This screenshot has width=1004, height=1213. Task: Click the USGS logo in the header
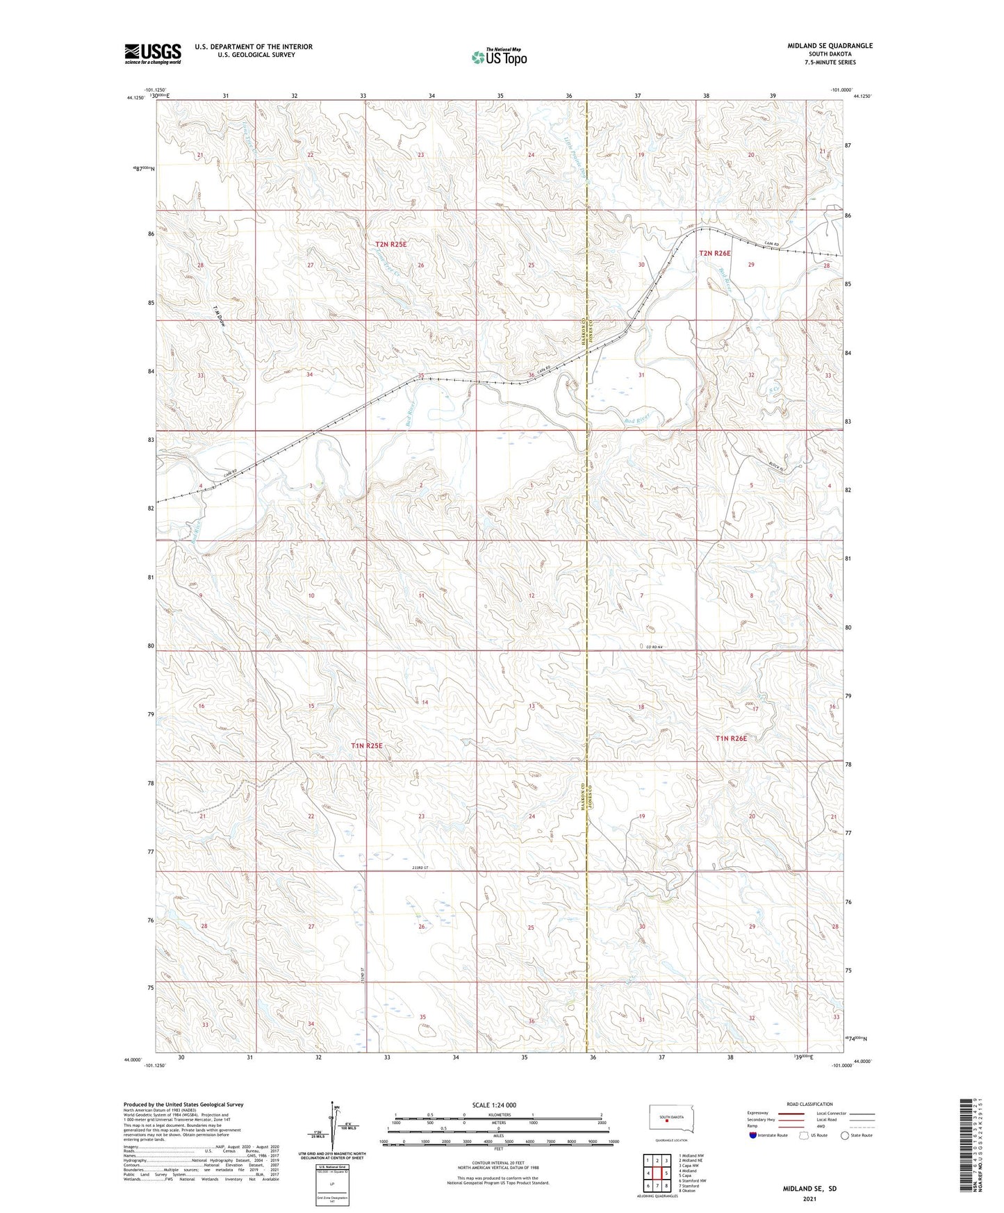point(153,53)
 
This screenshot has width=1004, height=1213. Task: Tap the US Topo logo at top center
point(498,57)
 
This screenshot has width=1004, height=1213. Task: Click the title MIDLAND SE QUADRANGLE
point(830,46)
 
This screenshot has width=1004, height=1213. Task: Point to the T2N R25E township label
point(390,245)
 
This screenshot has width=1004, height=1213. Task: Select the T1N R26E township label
point(731,738)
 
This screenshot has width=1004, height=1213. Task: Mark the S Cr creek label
point(773,392)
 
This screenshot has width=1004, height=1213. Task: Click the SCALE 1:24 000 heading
point(493,1105)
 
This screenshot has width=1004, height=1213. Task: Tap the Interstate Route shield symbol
point(753,1135)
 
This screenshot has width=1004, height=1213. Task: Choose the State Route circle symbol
point(845,1135)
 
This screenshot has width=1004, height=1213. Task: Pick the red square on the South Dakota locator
point(667,1120)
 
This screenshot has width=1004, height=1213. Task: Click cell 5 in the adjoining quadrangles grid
point(666,1173)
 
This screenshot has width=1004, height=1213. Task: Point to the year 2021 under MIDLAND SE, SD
point(809,1199)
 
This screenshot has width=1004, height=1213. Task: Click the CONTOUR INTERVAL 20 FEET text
point(493,1163)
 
